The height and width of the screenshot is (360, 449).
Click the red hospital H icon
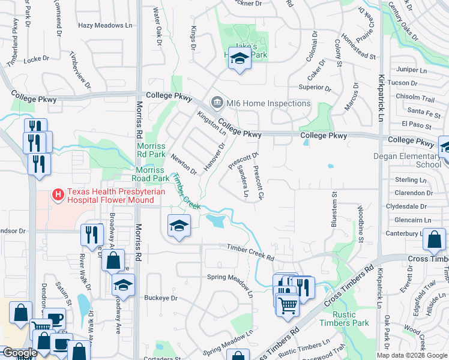coord(58,194)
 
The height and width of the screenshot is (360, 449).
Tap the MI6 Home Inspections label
coord(268,103)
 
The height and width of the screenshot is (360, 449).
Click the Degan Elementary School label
coord(416,160)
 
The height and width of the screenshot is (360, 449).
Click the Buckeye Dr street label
coord(161,298)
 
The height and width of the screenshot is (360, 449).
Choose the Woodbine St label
coord(360,223)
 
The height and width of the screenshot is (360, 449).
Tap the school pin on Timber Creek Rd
coord(178,227)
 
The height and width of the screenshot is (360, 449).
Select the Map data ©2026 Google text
coord(411,355)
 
